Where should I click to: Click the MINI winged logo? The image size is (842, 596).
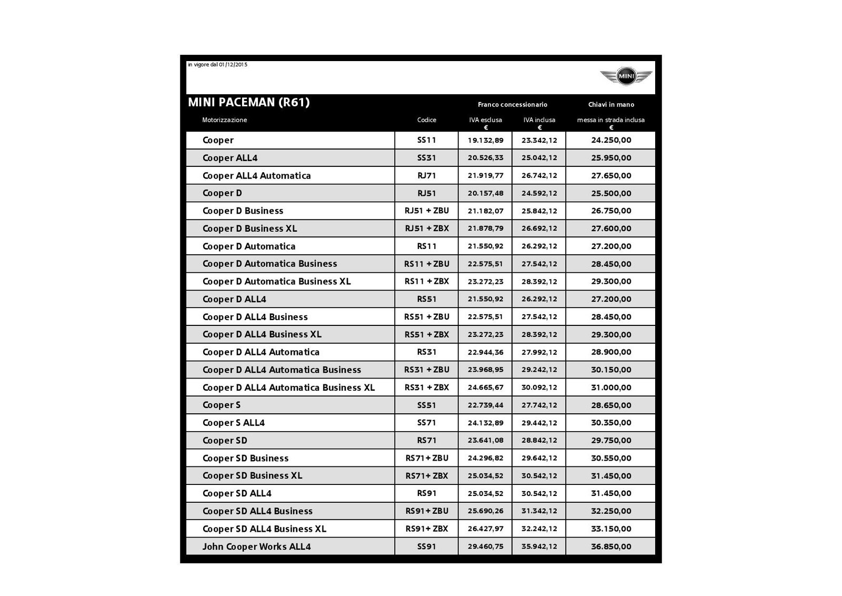626,77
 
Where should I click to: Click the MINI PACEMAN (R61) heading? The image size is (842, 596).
249,102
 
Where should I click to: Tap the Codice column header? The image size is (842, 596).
426,120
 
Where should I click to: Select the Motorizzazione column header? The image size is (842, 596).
224,120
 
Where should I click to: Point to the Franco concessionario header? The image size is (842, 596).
512,105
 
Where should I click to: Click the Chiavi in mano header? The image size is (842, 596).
610,105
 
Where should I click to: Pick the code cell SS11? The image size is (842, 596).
426,140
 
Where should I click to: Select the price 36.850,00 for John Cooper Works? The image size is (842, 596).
610,547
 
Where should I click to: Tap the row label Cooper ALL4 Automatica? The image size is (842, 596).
256,175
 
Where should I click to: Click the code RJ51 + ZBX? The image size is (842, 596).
426,229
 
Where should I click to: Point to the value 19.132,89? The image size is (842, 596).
485,140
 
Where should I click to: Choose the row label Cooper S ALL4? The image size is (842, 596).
233,423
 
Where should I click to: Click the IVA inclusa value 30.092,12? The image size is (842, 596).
539,388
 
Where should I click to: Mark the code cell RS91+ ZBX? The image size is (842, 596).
426,529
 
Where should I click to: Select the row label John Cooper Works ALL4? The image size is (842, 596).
256,547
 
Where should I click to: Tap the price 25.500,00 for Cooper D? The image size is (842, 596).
610,193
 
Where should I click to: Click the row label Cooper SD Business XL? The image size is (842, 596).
252,475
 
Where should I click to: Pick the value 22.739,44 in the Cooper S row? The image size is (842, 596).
485,405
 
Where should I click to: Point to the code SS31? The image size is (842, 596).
426,158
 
